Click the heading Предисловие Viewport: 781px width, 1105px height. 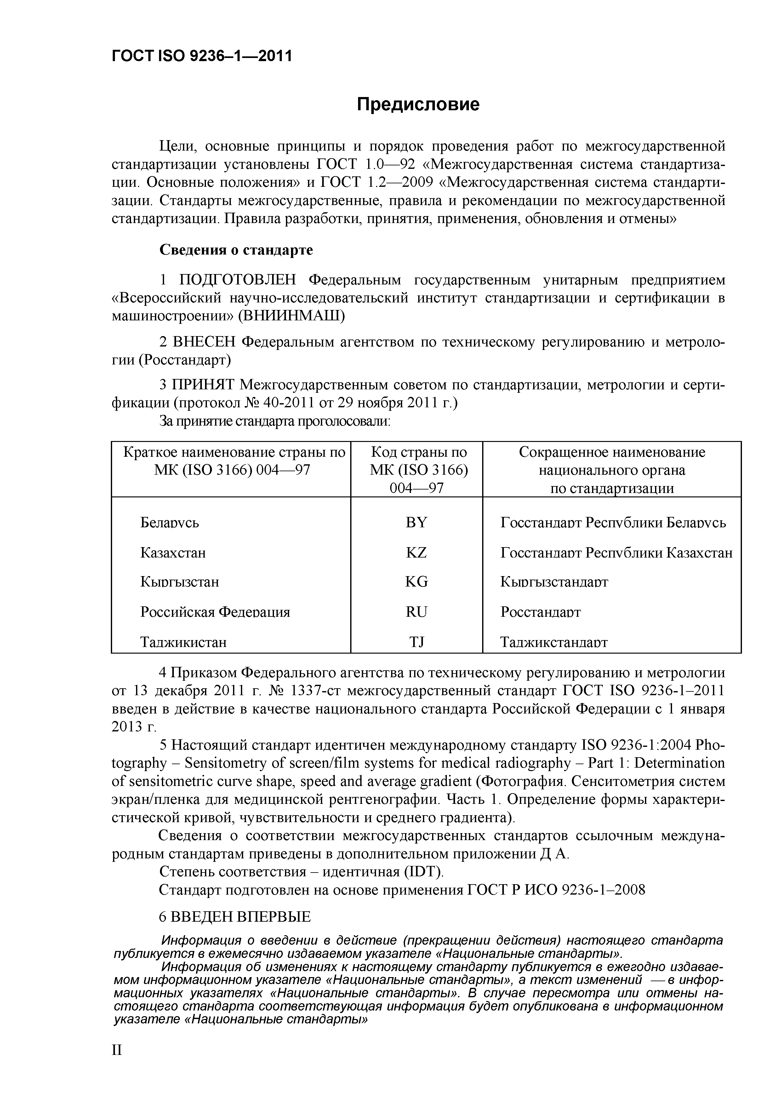click(418, 105)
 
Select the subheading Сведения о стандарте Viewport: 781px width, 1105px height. click(236, 250)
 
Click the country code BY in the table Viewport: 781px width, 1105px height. click(416, 523)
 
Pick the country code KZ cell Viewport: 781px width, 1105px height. click(416, 552)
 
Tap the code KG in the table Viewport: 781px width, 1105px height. click(416, 582)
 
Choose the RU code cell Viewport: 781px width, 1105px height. click(416, 612)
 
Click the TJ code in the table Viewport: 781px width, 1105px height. click(416, 642)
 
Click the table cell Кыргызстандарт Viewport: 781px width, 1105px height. click(554, 582)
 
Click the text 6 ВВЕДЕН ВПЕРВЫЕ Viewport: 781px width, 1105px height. click(235, 917)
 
